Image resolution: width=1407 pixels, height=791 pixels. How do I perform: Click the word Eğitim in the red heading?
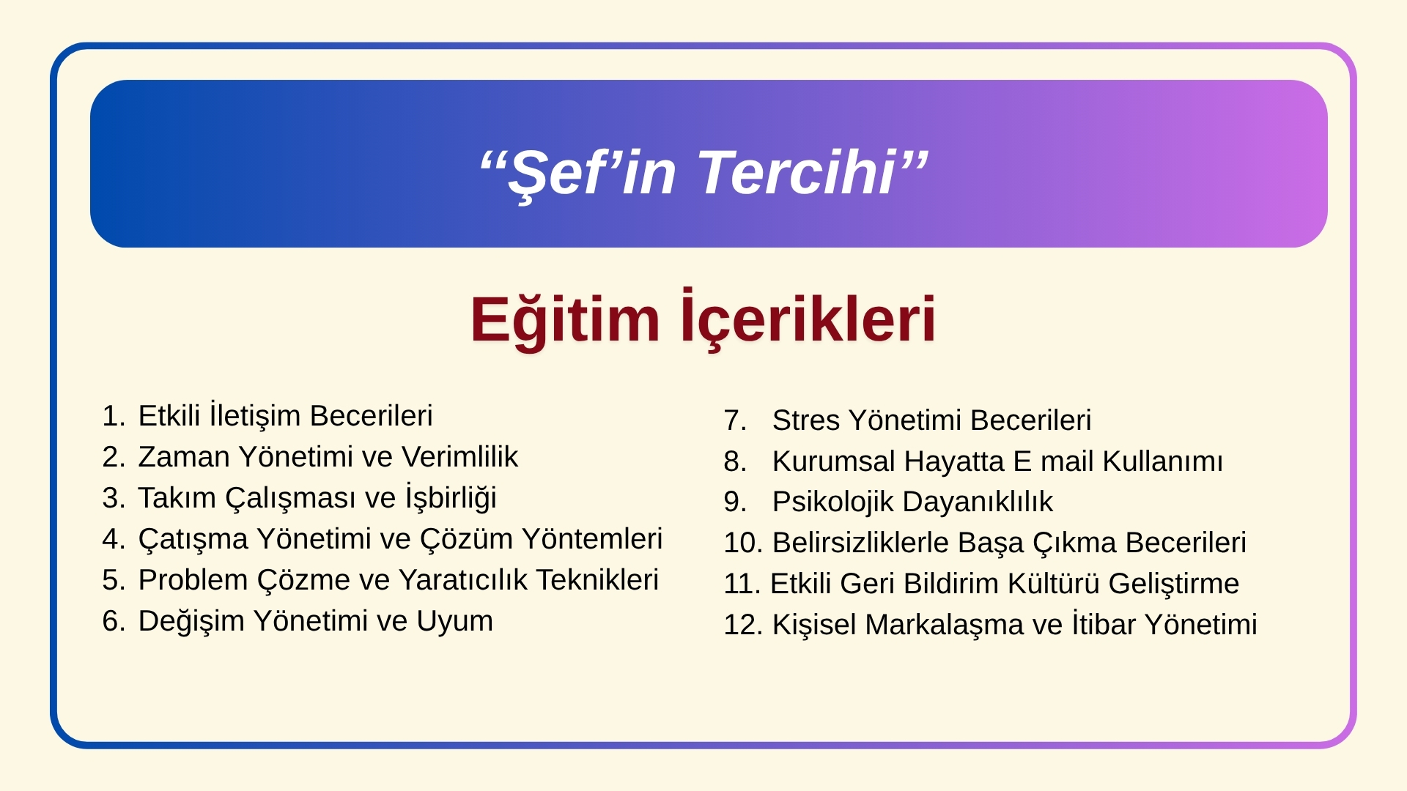565,320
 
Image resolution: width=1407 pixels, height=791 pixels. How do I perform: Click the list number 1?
114,416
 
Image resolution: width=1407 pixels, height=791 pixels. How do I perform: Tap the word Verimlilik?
459,457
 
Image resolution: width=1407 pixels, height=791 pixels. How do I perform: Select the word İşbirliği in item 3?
451,498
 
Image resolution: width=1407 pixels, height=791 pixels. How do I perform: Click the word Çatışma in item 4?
193,539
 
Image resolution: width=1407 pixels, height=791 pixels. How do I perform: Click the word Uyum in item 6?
454,622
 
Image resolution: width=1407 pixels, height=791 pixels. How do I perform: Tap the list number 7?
735,420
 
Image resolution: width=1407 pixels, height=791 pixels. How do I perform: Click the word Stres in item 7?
806,420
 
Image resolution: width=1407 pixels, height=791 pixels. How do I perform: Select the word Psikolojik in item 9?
833,502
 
